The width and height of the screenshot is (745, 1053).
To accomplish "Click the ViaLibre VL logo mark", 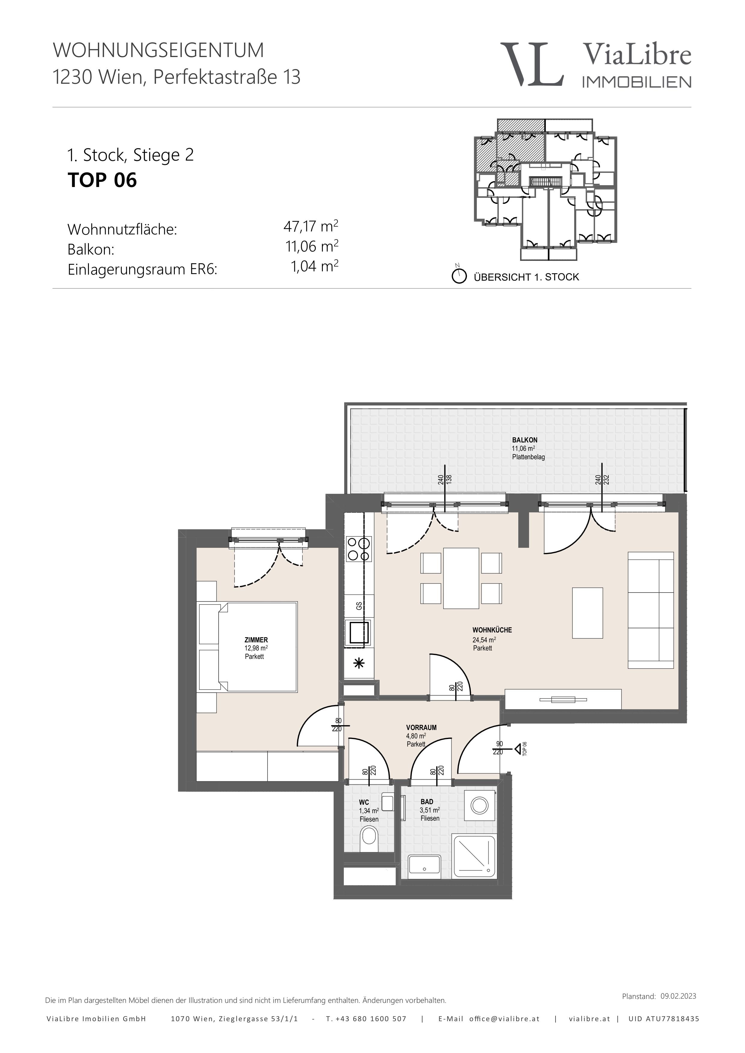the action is pos(532,64).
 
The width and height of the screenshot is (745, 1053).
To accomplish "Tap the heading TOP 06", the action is pos(102,180).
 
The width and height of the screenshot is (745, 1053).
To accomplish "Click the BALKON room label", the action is pos(525,440).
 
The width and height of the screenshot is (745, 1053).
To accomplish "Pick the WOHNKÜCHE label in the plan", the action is pos(492,630).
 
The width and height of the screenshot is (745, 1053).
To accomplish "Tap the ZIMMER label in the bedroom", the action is pos(256,640).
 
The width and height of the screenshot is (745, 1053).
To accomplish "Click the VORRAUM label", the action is pos(421,727).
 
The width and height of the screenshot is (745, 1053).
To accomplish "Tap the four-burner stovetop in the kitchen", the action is pos(359,549).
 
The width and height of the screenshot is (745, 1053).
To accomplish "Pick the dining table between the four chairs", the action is pos(461,578).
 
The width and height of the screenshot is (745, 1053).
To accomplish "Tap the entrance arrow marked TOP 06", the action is pos(519,750).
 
